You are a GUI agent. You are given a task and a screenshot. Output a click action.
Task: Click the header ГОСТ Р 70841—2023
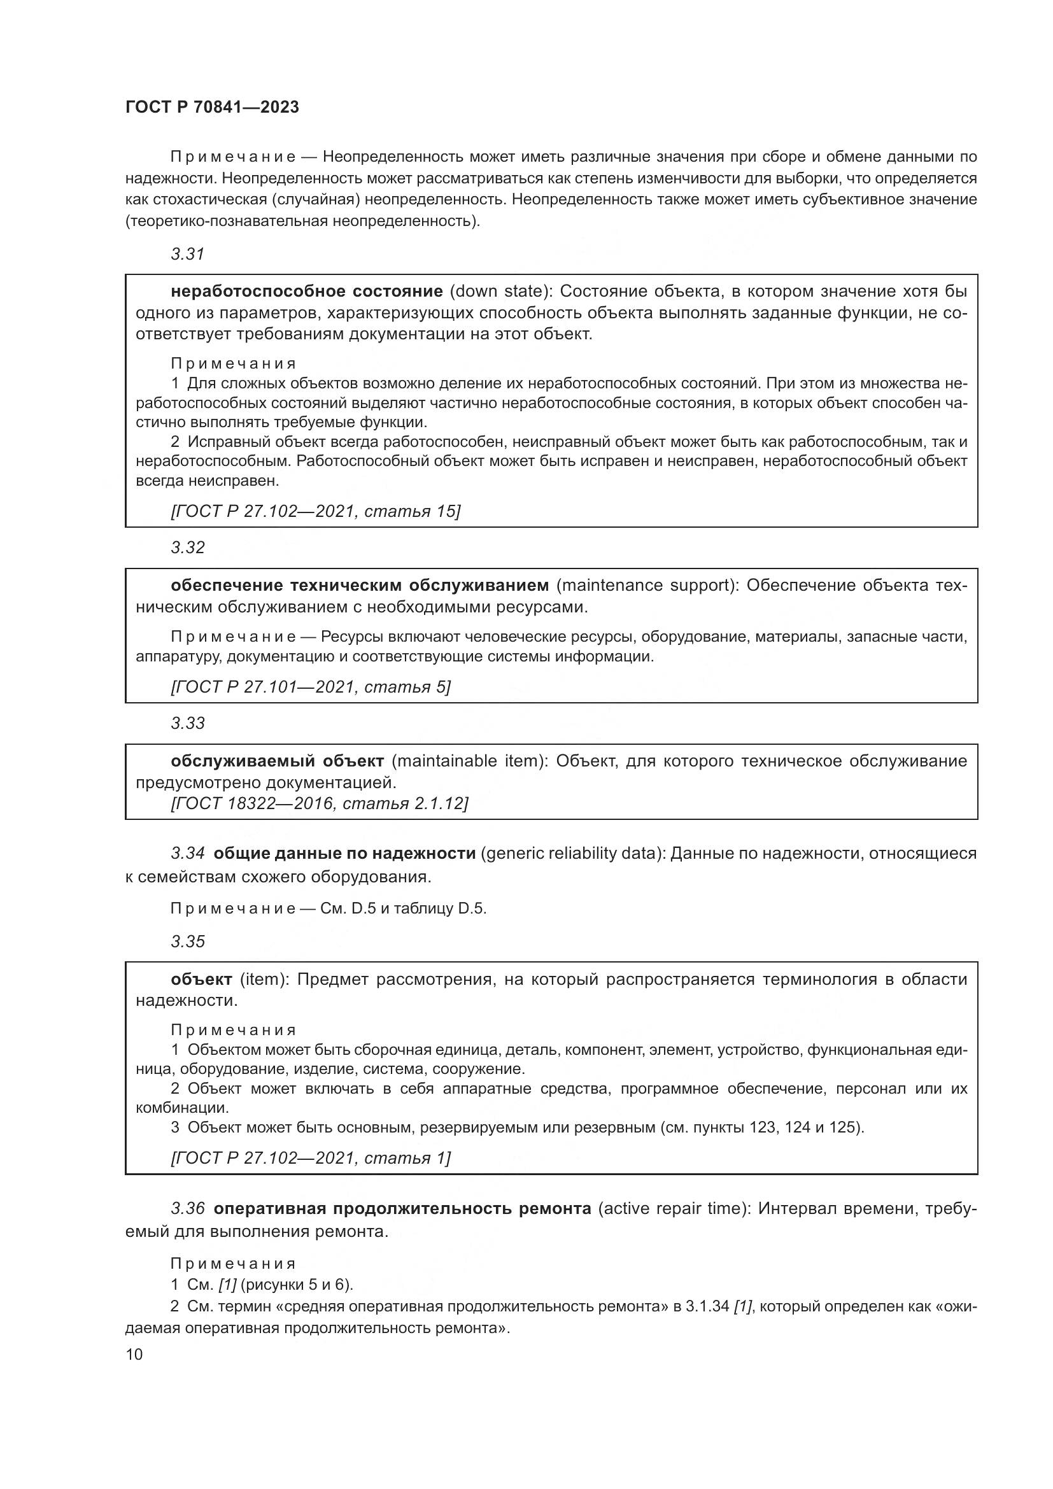pyautogui.click(x=212, y=108)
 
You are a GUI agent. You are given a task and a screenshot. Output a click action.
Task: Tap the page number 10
pyautogui.click(x=134, y=1355)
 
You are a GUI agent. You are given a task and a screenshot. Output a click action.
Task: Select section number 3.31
pyautogui.click(x=188, y=254)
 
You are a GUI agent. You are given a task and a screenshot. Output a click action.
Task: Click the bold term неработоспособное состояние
pyautogui.click(x=307, y=290)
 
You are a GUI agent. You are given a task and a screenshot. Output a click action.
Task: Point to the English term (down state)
pyautogui.click(x=500, y=290)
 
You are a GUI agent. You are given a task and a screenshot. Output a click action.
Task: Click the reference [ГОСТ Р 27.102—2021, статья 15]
pyautogui.click(x=315, y=511)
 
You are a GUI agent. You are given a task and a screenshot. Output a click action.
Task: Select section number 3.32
pyautogui.click(x=188, y=547)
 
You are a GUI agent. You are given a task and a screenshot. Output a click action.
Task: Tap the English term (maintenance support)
pyautogui.click(x=647, y=585)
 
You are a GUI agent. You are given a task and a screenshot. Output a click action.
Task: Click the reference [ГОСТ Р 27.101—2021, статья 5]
pyautogui.click(x=311, y=687)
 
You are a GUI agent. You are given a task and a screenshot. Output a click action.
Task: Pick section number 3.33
pyautogui.click(x=188, y=723)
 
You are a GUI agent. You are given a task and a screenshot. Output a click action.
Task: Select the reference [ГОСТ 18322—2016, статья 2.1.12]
pyautogui.click(x=319, y=803)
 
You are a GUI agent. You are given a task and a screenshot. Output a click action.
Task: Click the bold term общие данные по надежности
pyautogui.click(x=344, y=854)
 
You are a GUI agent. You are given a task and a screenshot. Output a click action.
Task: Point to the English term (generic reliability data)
pyautogui.click(x=572, y=854)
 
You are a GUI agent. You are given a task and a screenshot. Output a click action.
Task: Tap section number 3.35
pyautogui.click(x=188, y=941)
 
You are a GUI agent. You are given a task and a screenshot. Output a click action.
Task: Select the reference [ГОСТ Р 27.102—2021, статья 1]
pyautogui.click(x=311, y=1157)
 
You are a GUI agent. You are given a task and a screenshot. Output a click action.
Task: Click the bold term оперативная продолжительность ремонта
pyautogui.click(x=402, y=1208)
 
